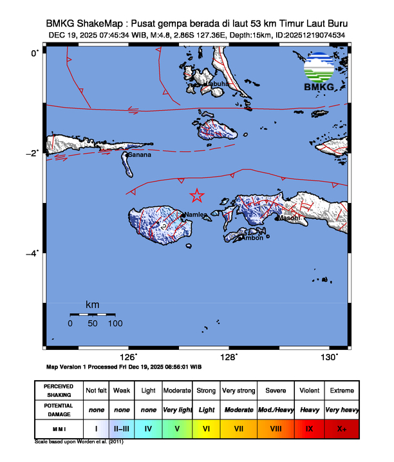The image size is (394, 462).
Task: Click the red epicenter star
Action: point(197,196)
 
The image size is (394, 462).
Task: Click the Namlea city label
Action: point(196,215)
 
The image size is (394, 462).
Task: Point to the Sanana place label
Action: point(140,155)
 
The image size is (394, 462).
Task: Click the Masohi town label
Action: point(289,218)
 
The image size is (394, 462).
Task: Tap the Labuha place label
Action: point(217,84)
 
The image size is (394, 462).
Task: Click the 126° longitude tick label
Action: point(129,357)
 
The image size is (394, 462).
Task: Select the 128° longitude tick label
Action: point(230,357)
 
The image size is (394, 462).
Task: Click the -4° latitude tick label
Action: point(33,253)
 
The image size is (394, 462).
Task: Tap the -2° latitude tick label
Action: point(33,153)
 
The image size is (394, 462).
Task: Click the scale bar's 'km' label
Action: point(93,304)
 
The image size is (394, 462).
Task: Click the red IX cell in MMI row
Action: point(309,428)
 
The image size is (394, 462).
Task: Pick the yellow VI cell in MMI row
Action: point(207,428)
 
